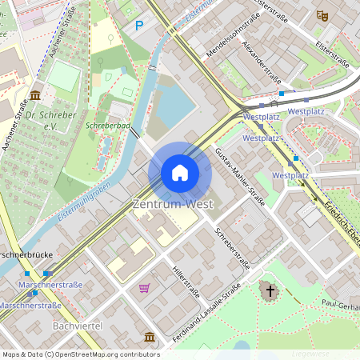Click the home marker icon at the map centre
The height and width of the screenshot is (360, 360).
coord(180,173)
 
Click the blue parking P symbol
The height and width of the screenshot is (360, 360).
coord(138,26)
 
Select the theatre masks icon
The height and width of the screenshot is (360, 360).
coord(322,14)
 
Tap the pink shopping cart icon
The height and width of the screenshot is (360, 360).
coord(145,288)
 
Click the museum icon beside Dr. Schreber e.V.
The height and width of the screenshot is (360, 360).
coord(35,95)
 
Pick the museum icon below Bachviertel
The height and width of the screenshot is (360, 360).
coord(149,336)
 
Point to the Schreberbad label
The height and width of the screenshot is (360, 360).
coord(107,126)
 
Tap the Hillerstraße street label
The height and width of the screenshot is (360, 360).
coord(186,282)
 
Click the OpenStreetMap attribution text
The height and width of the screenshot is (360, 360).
coord(81,354)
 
